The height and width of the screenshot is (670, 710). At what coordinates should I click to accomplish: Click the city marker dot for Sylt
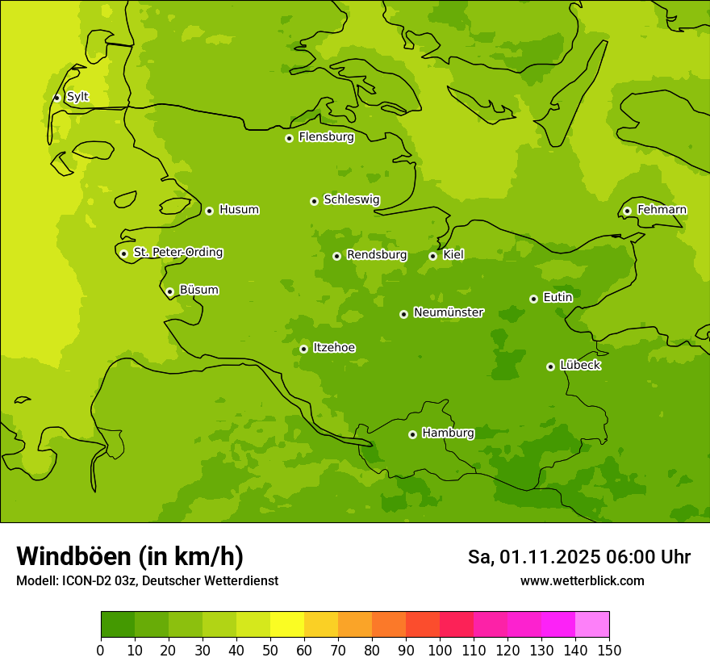56,98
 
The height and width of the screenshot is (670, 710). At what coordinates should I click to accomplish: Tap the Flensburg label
326,137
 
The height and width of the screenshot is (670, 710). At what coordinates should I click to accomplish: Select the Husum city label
239,210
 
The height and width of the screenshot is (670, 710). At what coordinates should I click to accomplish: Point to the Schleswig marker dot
314,201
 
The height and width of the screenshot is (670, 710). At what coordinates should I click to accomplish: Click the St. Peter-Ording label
177,253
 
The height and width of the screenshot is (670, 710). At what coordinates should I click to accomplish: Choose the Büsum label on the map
198,290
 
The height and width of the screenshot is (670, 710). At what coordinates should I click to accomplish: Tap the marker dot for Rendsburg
336,256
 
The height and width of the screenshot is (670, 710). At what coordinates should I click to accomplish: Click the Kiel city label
453,255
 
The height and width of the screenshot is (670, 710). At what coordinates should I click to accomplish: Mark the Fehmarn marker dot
627,211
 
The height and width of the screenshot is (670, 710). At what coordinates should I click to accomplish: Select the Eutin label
558,298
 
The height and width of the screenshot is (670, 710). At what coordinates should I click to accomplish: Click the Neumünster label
448,312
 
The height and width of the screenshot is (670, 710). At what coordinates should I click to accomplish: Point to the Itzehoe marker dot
303,349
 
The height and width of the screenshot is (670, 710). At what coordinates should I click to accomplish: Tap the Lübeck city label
580,366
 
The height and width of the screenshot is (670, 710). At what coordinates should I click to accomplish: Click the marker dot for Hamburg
412,434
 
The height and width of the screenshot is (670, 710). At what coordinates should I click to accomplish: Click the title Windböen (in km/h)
129,556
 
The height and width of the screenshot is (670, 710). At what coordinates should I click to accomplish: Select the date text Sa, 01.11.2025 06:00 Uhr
578,557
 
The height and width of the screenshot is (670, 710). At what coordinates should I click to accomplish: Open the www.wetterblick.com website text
582,581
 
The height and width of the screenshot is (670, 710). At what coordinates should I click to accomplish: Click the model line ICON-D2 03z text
147,581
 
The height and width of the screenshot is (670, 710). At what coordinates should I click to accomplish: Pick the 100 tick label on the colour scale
440,650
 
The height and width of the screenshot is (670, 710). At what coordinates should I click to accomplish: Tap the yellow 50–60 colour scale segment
287,624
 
